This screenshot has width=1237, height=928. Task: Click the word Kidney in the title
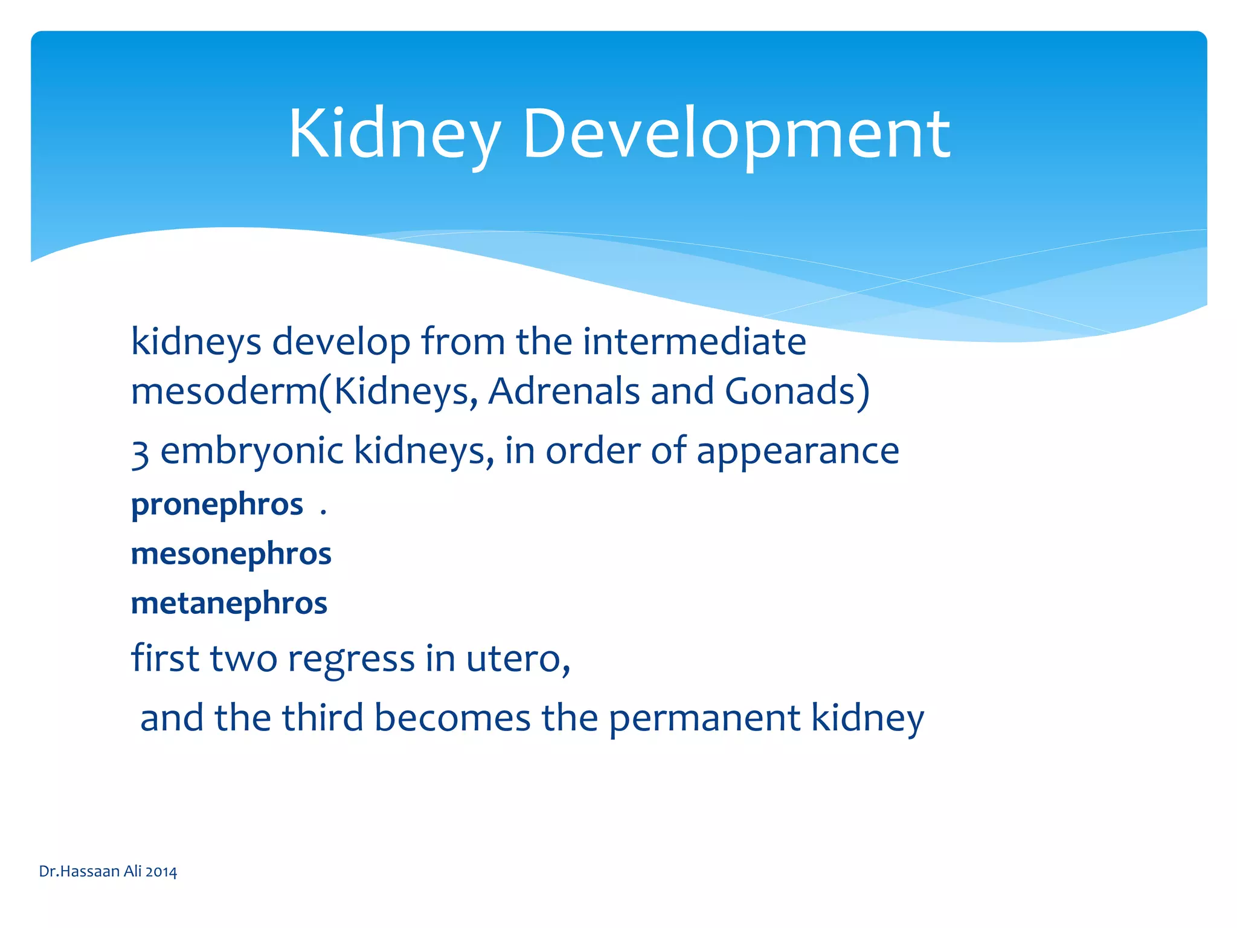click(x=394, y=134)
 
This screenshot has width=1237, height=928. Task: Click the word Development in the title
click(x=736, y=134)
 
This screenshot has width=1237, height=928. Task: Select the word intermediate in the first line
click(x=694, y=342)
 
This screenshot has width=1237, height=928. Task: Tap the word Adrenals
click(x=564, y=391)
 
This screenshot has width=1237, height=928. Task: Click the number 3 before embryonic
click(x=140, y=453)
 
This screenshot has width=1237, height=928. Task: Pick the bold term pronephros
click(x=217, y=505)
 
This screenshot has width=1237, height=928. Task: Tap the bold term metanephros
click(x=229, y=604)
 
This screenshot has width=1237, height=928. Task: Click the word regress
click(x=351, y=659)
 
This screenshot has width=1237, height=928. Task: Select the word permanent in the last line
click(x=704, y=718)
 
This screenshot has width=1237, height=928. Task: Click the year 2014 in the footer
click(x=161, y=872)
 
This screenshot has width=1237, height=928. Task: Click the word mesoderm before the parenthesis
click(x=224, y=391)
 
